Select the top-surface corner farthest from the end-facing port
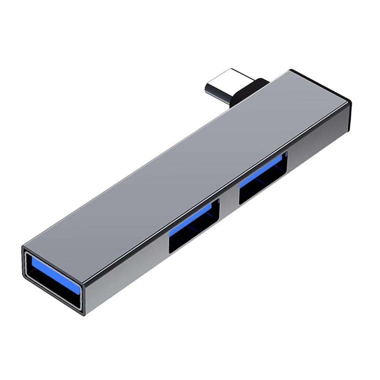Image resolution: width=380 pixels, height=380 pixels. [x=291, y=70]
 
